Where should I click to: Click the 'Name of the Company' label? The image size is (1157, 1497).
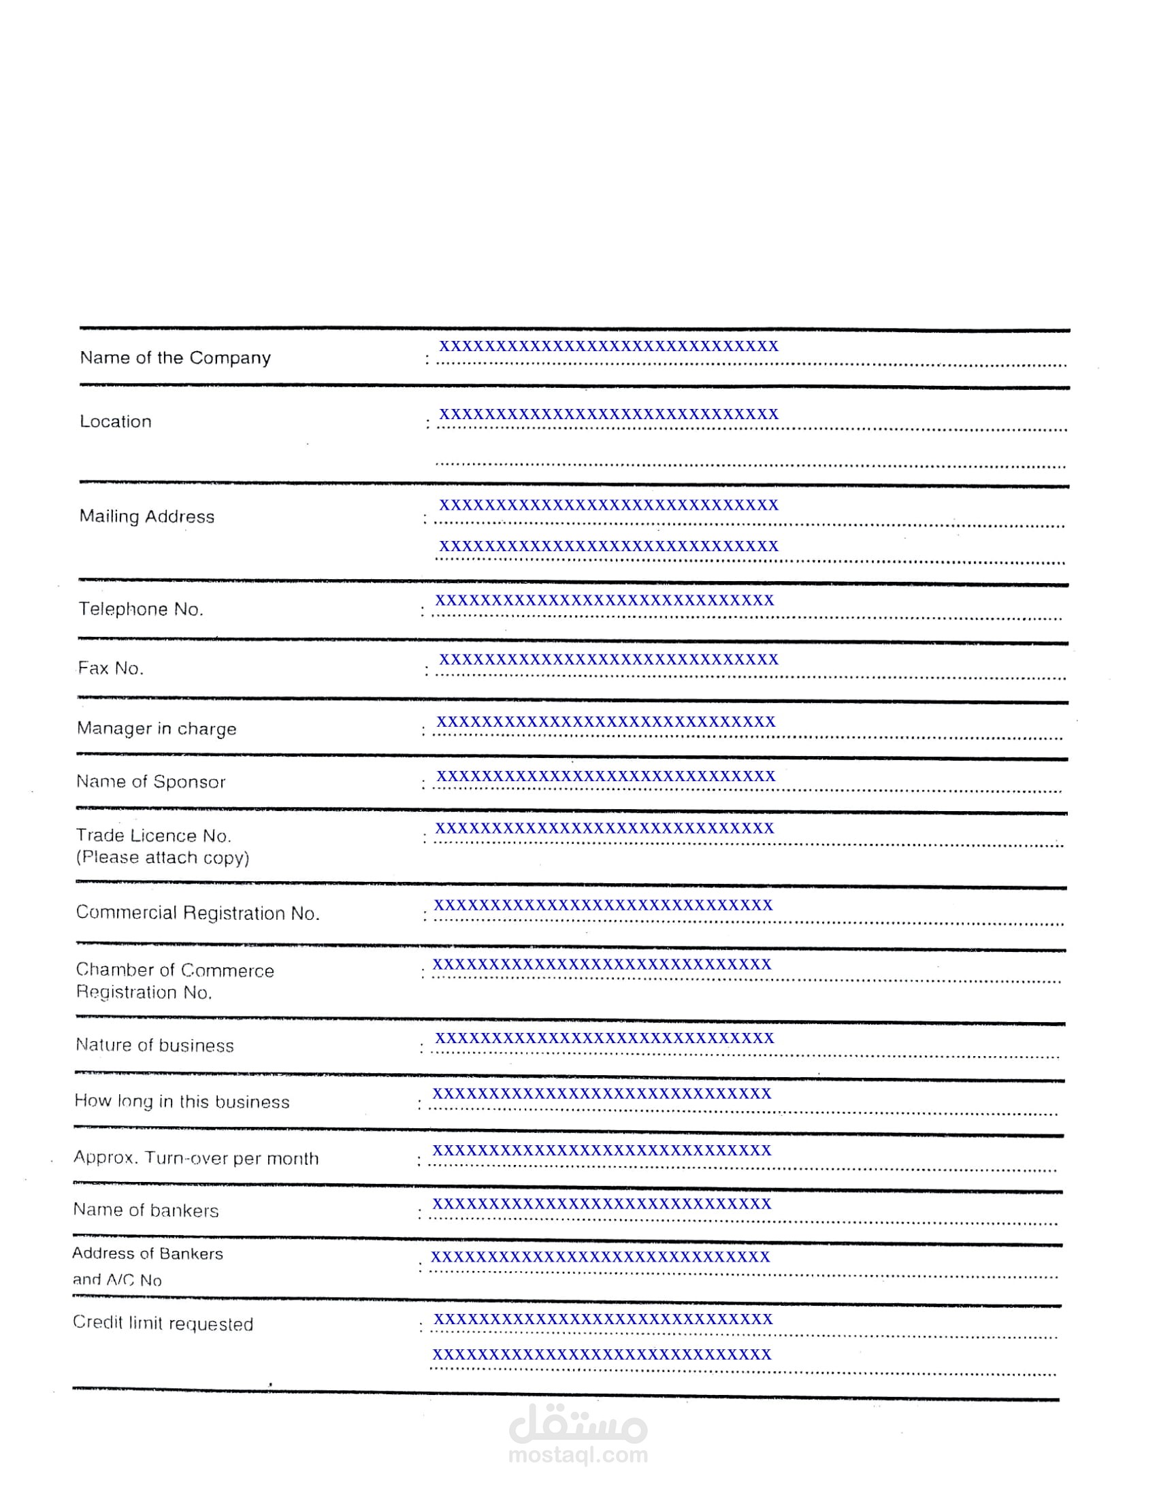tap(176, 358)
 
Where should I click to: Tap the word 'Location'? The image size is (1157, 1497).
tap(115, 422)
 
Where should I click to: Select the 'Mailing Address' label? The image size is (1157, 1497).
tap(147, 516)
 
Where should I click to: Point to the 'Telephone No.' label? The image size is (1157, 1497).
tap(140, 609)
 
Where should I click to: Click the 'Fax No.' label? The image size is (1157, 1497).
tap(110, 668)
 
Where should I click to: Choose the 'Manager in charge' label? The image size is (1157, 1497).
tap(157, 728)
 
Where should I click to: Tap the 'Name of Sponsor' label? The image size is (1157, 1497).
tap(151, 781)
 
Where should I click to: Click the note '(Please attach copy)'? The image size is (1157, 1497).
tap(163, 857)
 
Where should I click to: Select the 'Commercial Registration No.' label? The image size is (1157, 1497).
tap(197, 913)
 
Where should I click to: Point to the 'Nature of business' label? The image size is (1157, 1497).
tap(154, 1045)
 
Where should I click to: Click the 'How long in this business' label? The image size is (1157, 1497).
tap(182, 1102)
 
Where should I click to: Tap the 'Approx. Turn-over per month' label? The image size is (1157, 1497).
tap(196, 1158)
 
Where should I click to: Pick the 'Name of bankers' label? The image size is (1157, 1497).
tap(146, 1211)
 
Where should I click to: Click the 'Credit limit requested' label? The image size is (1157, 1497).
tap(163, 1323)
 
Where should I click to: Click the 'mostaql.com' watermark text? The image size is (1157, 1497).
tap(578, 1455)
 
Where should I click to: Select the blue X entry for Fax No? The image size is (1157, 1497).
tap(608, 659)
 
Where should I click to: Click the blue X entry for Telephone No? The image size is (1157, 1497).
tap(604, 600)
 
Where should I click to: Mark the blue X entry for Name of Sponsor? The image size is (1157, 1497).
tap(605, 776)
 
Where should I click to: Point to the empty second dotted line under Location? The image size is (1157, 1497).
tap(751, 464)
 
